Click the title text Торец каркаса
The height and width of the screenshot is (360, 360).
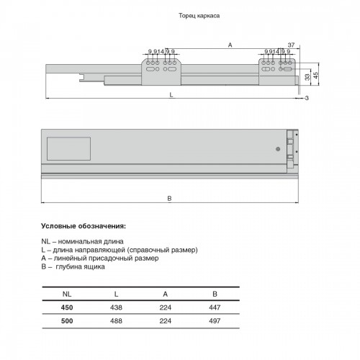pos(199,16)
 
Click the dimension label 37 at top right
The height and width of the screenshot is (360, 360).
pos(291,45)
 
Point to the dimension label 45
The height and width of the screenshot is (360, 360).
pos(316,76)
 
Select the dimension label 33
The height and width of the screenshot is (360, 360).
pos(307,77)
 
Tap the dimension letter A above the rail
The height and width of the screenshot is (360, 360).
pos(230,45)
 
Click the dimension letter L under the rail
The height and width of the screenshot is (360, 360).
pos(171,95)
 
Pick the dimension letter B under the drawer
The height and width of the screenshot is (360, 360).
pos(169,199)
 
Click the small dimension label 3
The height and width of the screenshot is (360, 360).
pos(307,98)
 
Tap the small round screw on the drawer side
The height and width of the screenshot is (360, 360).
pos(278,149)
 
